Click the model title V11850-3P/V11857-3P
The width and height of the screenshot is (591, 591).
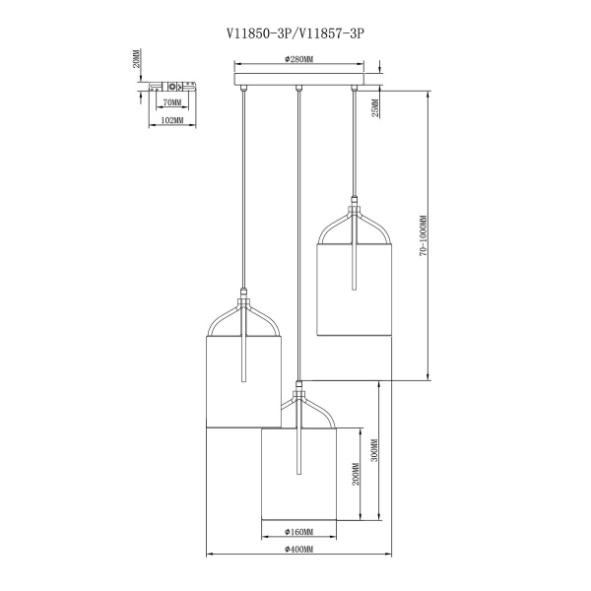[295, 33]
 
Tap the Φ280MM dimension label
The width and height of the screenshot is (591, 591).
[299, 59]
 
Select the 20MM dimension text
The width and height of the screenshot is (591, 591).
[137, 58]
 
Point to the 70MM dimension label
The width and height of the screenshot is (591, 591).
[172, 102]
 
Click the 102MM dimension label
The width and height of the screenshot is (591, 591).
[171, 120]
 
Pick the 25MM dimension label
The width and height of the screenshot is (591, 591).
[375, 108]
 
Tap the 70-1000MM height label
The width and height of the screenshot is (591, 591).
[424, 236]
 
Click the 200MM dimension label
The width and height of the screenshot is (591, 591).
[356, 474]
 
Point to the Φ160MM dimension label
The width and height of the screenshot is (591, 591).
[298, 532]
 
